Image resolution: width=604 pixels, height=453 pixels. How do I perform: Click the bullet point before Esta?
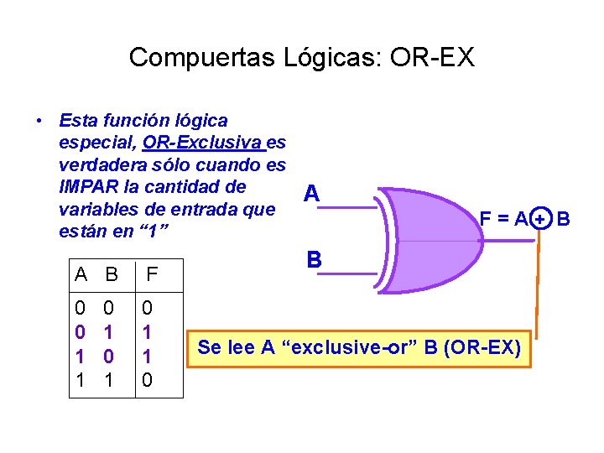point(40,122)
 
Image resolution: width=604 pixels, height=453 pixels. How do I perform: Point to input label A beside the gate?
point(311,194)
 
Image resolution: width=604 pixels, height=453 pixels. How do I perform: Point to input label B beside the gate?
point(314,260)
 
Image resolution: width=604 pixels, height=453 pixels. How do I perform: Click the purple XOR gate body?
point(436,239)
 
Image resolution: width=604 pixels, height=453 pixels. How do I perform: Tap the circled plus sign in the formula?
point(541,220)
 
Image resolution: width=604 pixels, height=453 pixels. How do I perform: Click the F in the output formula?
point(485,220)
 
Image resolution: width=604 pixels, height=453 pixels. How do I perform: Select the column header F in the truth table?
point(152,273)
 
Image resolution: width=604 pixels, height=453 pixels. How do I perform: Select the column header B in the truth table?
point(111,273)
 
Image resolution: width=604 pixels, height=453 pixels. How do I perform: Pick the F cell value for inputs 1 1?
point(148,380)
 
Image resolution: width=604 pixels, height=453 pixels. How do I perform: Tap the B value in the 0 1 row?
point(107,331)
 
